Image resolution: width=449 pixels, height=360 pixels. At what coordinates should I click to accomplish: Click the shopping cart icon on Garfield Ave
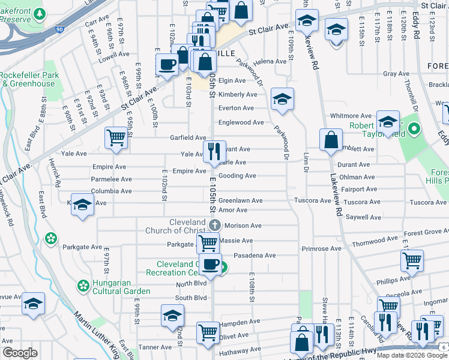[116, 137]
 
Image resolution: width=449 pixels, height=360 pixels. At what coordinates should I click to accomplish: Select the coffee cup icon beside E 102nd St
[167, 64]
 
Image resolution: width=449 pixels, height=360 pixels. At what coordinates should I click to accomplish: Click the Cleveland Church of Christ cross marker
[215, 226]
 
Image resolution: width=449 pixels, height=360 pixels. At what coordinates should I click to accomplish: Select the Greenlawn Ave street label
[240, 201]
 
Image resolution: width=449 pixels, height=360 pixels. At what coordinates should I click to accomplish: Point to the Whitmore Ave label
[351, 116]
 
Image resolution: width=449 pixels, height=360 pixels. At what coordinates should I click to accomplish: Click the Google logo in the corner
[20, 353]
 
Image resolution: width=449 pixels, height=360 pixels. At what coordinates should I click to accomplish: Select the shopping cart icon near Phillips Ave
[412, 260]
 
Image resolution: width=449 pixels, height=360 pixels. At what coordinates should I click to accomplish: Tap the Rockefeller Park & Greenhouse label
[28, 79]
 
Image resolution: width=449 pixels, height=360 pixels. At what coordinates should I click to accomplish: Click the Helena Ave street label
[270, 61]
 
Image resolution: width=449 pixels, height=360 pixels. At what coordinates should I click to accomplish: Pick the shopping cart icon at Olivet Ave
[208, 332]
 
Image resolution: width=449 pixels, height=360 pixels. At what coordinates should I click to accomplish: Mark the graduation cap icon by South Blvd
[172, 316]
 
